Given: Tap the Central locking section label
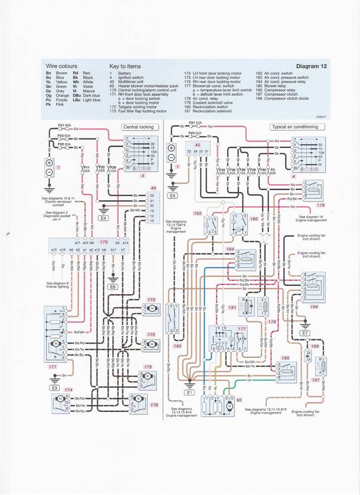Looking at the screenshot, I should [138, 127].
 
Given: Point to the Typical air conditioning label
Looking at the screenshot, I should [294, 127].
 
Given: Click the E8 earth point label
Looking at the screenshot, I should [113, 286].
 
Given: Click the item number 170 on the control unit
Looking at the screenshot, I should [104, 243].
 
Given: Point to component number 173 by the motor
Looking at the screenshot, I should [151, 300].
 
